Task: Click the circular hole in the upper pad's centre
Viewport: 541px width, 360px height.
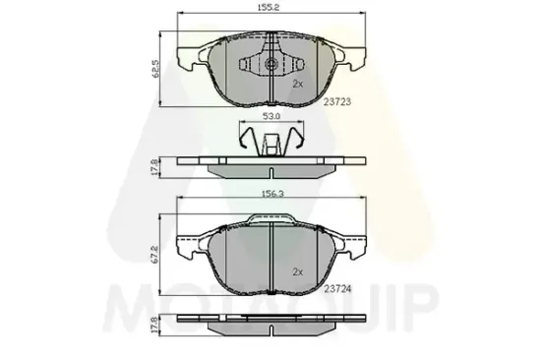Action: click(271, 66)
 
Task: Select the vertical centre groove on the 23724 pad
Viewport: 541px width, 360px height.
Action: click(271, 256)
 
